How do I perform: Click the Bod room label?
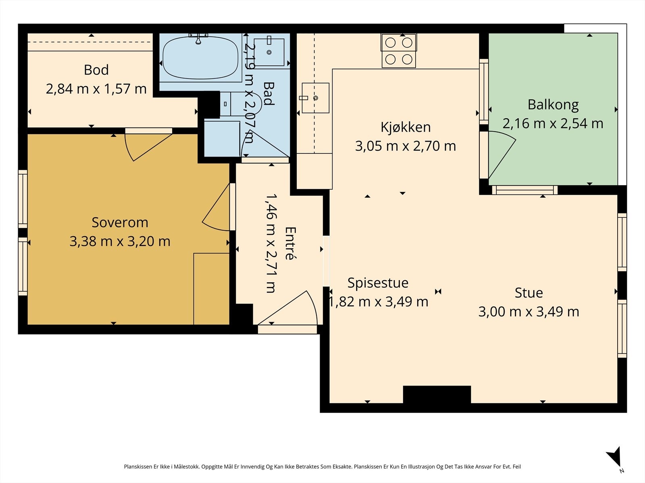(x=96, y=70)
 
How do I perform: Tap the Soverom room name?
(x=120, y=222)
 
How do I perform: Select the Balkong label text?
(x=553, y=105)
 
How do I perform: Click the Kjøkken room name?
(x=406, y=127)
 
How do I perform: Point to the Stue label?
(x=528, y=293)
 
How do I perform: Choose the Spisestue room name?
(x=378, y=283)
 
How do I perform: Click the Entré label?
(x=290, y=244)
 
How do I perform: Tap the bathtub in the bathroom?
(x=200, y=58)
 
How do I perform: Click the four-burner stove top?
(x=399, y=51)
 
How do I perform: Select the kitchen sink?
(x=315, y=98)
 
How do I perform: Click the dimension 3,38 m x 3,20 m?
(x=120, y=242)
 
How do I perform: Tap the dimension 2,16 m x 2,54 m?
(x=553, y=124)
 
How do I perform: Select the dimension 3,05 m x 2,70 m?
(x=406, y=146)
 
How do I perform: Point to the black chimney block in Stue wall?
(x=437, y=394)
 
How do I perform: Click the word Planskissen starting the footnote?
(x=138, y=466)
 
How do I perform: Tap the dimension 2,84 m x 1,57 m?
(x=96, y=89)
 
